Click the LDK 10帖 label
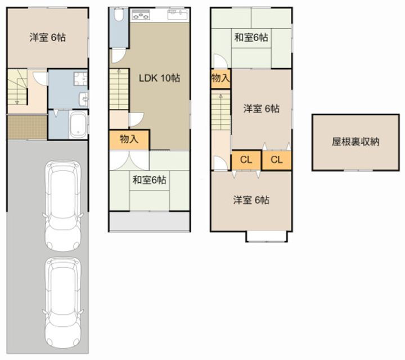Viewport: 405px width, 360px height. point(159,79)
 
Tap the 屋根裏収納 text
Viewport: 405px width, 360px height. point(355,142)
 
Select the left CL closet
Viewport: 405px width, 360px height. point(246,160)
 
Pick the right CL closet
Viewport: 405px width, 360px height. point(276,160)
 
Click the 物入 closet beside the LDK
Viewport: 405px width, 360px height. point(129,139)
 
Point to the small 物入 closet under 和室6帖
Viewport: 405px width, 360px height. point(220,79)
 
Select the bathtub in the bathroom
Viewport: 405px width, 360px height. point(77,124)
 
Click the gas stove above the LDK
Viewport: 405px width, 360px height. point(142,15)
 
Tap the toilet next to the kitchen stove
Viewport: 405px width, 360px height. point(118,17)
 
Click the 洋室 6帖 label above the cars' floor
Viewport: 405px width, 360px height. point(48,38)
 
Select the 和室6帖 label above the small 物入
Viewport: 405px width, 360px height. point(251,38)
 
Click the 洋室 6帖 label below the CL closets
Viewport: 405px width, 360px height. point(251,200)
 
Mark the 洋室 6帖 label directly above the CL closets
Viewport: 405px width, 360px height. point(261,109)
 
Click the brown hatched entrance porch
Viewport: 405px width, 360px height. point(26,127)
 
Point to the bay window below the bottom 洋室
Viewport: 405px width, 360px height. point(267,236)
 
